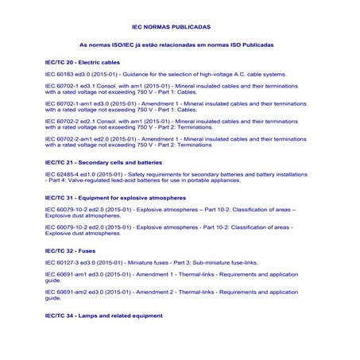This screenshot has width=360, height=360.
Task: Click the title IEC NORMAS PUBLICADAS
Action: point(171,25)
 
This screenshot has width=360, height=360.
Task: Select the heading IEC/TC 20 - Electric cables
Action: point(83,61)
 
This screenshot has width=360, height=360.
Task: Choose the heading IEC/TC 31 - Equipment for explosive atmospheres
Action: point(115,196)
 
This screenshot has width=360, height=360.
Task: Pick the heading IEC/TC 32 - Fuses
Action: point(70,250)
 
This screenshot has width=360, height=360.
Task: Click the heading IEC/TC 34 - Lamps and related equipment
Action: point(103,315)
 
